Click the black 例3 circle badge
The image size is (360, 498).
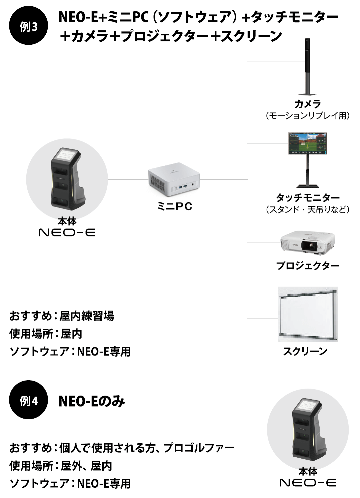click(28, 26)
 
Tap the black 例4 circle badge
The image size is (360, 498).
click(28, 400)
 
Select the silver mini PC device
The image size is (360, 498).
click(174, 181)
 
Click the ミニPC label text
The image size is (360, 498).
click(175, 206)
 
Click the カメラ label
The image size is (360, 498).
click(307, 104)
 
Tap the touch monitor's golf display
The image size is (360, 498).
click(307, 143)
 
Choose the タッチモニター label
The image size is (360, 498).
click(308, 198)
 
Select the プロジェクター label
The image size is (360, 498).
click(307, 266)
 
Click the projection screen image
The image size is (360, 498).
click(307, 315)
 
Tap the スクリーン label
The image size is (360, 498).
click(305, 351)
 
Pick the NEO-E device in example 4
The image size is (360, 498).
click(308, 430)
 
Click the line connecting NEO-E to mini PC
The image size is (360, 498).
click(128, 179)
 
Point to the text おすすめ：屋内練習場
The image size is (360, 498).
click(62, 316)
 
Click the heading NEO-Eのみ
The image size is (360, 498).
click(92, 401)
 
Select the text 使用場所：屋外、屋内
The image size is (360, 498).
click(60, 466)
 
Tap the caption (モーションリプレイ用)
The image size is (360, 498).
click(307, 116)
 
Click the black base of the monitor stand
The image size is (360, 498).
click(308, 185)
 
